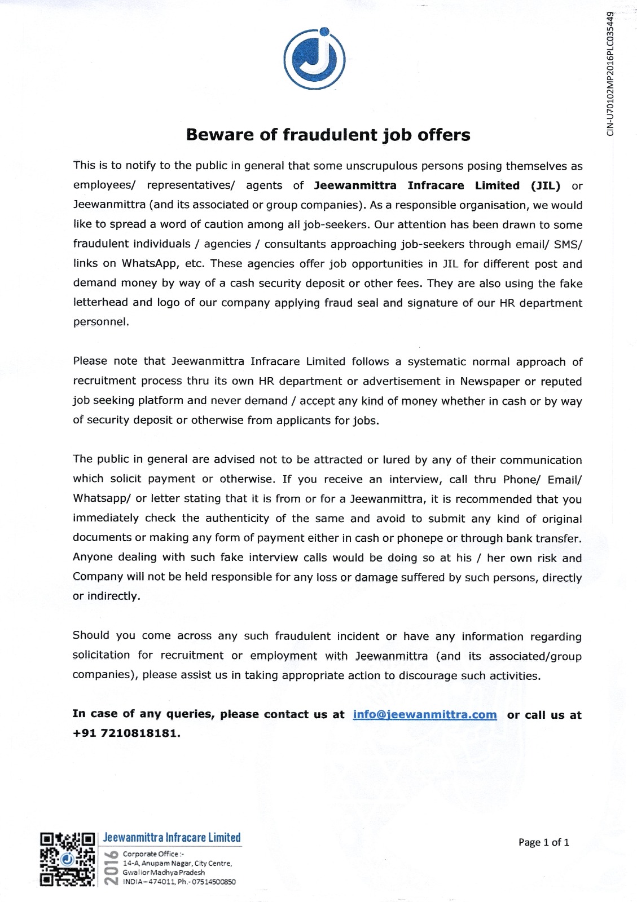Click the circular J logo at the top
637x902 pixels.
pos(314,58)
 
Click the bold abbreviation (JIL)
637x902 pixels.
pos(545,185)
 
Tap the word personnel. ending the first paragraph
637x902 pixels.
pos(101,322)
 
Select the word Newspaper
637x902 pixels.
pos(490,381)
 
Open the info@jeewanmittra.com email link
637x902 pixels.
pos(425,714)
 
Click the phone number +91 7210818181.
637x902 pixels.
pos(126,733)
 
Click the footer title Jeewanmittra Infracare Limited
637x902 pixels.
pos(172,838)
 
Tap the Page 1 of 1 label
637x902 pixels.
pos(543,842)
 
